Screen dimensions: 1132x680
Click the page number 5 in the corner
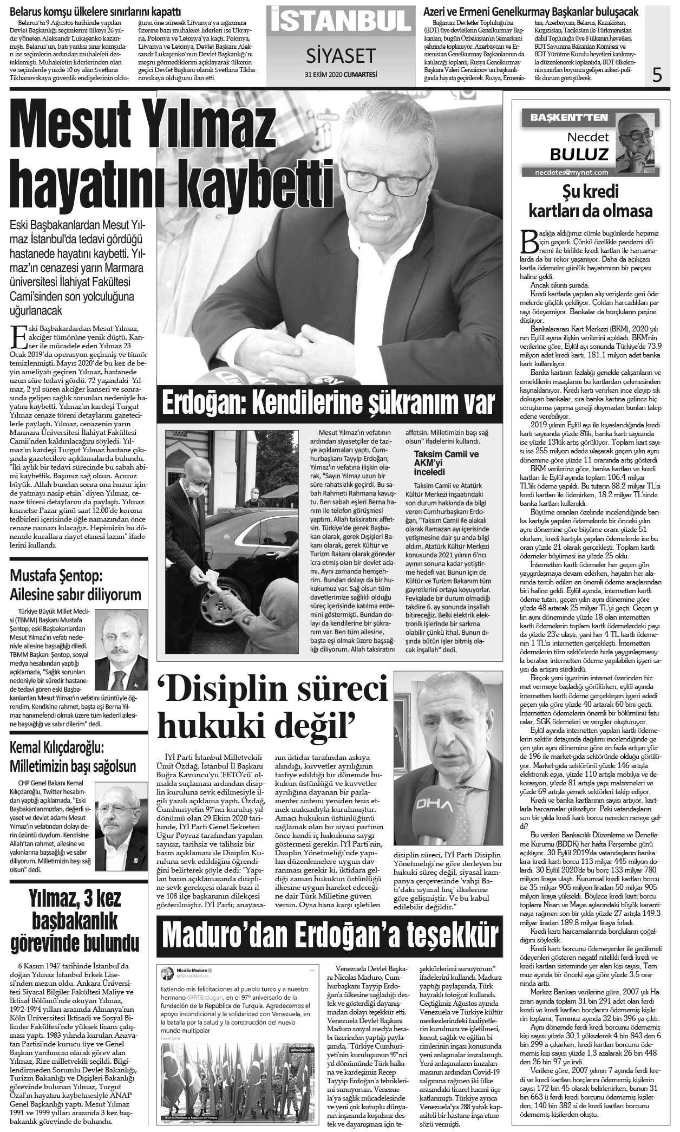(657, 74)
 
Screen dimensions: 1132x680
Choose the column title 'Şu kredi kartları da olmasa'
(590, 200)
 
